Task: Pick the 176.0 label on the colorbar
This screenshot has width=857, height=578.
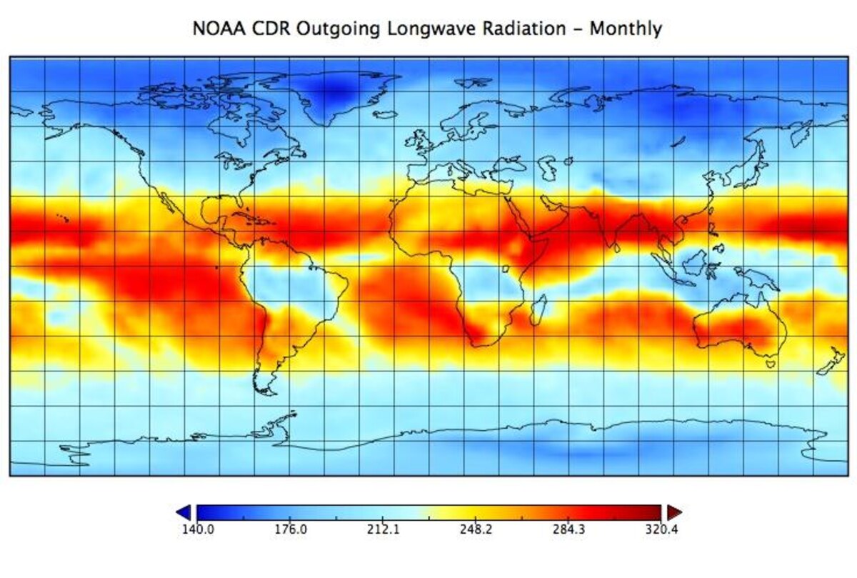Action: coord(290,530)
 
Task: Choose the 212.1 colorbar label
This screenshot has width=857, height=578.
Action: coord(383,530)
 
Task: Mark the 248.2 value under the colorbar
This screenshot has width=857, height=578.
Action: coord(476,530)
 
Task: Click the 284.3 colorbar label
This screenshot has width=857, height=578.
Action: coord(569,530)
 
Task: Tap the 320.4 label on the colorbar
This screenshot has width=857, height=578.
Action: coord(662,530)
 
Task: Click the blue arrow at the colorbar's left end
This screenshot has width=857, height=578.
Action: coord(184,512)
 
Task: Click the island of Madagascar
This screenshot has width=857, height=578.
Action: coord(541,309)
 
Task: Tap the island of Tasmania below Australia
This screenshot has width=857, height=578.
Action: coord(771,363)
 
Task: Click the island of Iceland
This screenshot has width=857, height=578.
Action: coord(385,114)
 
